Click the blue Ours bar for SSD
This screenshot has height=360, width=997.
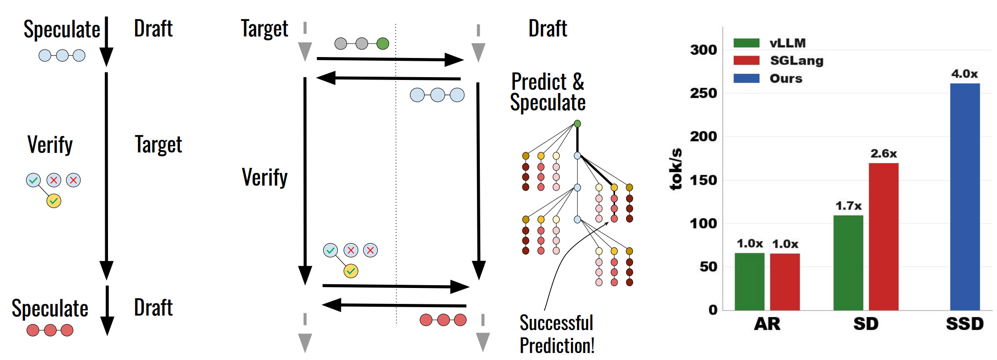click(x=964, y=196)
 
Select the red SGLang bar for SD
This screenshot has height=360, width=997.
click(x=883, y=237)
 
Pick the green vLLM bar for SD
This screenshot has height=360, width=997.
click(x=848, y=263)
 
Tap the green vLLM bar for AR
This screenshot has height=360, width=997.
click(x=749, y=281)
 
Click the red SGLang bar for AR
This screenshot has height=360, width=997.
click(x=785, y=282)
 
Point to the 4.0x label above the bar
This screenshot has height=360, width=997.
click(x=964, y=74)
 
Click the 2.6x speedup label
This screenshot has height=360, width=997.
click(x=883, y=154)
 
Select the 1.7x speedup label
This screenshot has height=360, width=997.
click(x=848, y=206)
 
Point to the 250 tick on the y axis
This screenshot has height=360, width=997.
click(x=703, y=93)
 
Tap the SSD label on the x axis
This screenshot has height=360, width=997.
click(x=964, y=324)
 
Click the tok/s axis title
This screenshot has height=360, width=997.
click(x=676, y=169)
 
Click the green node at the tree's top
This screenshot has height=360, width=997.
click(x=578, y=124)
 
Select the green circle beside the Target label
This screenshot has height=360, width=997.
click(x=383, y=44)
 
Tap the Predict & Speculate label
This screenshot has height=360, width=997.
click(x=548, y=92)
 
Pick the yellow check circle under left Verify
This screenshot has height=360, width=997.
click(x=54, y=201)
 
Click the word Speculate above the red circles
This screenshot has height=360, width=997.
click(x=50, y=309)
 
